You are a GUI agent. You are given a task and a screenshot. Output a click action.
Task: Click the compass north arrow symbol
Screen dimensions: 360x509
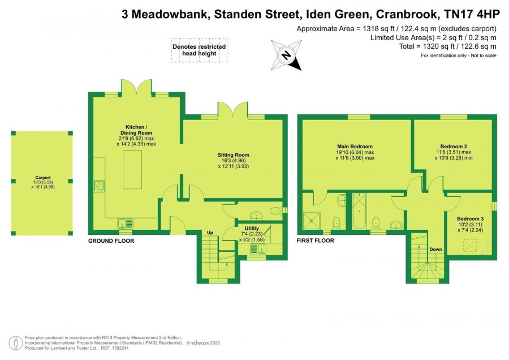(x=287, y=55)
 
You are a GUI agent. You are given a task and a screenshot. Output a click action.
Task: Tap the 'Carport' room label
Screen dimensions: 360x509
(x=41, y=181)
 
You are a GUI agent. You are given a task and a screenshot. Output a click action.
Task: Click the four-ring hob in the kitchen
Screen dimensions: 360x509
(x=99, y=186)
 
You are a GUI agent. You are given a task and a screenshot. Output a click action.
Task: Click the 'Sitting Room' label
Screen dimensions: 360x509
(x=234, y=155)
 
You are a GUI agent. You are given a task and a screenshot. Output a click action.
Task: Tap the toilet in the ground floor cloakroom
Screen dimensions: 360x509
(x=275, y=211)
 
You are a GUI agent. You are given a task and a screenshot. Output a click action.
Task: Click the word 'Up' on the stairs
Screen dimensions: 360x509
(x=209, y=233)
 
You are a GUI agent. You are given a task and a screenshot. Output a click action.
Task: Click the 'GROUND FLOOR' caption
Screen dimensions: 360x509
(x=111, y=241)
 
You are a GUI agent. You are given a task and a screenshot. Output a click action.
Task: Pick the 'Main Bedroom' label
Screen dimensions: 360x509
(x=355, y=146)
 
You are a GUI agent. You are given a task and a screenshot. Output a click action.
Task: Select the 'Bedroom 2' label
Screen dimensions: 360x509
(x=454, y=146)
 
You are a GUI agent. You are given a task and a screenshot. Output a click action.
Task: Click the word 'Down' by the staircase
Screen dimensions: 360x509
(x=435, y=249)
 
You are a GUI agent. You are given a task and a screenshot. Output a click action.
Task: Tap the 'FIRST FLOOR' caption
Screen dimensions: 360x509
(x=316, y=241)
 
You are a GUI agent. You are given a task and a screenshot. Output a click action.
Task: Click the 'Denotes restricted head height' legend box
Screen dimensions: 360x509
(x=199, y=50)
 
